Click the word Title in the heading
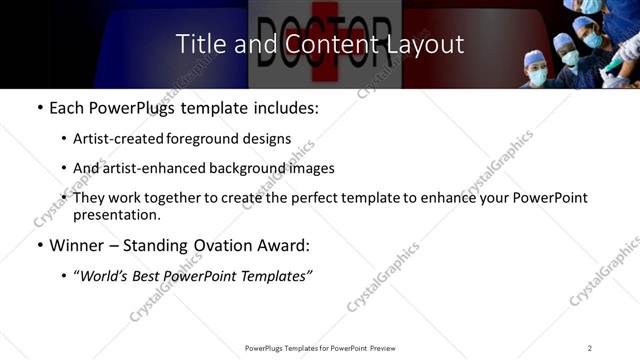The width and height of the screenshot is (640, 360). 201,44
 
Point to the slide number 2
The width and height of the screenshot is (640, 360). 590,348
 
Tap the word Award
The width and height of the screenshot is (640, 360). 286,244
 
